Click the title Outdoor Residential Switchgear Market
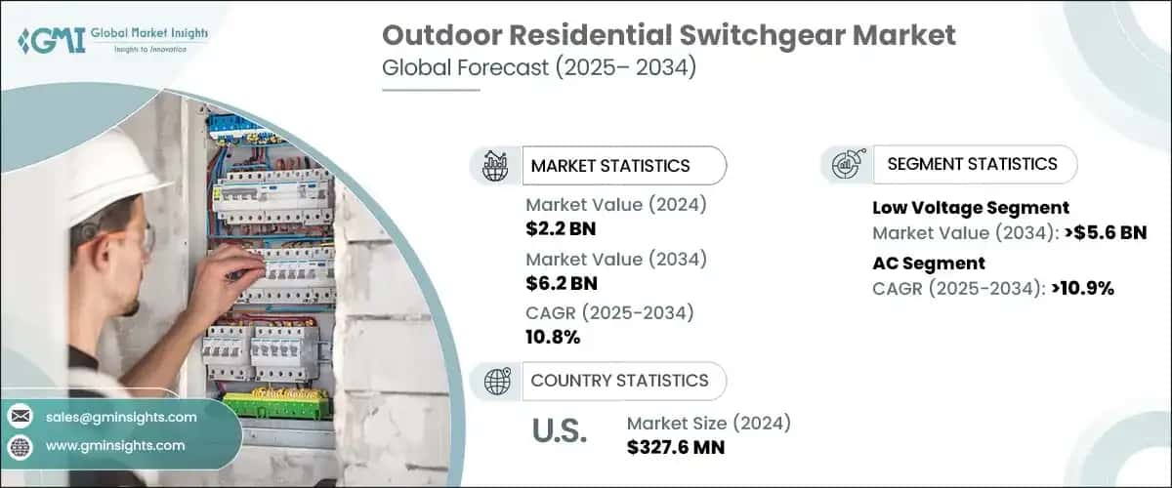[668, 36]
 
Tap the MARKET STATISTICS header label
[609, 166]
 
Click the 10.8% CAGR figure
[553, 338]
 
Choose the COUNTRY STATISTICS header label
[619, 381]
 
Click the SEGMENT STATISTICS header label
[972, 164]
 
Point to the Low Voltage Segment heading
[970, 208]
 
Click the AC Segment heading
[928, 263]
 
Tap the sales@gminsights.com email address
[121, 417]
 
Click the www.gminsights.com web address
[114, 446]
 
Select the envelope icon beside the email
[21, 417]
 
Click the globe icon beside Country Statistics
[495, 381]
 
